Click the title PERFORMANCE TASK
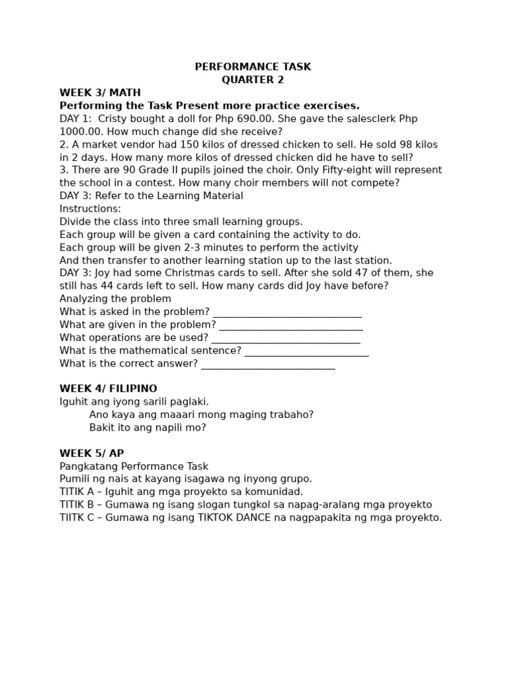(x=252, y=67)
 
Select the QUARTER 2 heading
(x=252, y=80)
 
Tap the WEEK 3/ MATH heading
(x=100, y=93)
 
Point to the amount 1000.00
(x=82, y=132)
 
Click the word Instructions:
(x=90, y=209)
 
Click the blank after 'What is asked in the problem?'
(x=287, y=312)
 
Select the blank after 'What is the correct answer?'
(x=268, y=364)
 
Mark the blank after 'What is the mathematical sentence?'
(x=306, y=351)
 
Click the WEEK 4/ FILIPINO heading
(x=108, y=389)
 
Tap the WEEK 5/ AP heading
(x=92, y=454)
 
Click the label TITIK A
(x=76, y=492)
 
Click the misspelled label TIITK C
(x=76, y=517)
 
